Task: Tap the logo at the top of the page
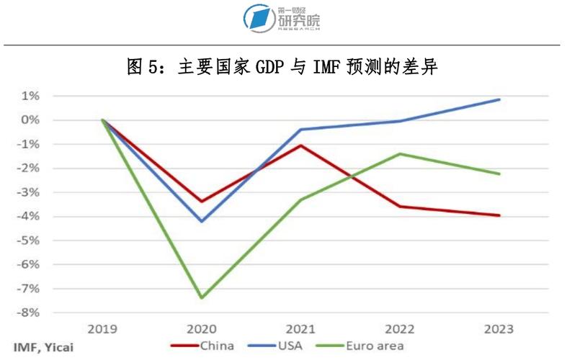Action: point(282,18)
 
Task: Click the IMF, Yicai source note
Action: point(43,346)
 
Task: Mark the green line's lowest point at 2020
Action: point(202,297)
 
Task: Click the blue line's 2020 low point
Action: point(202,221)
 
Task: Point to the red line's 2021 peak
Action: point(301,145)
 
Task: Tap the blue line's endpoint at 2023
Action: point(499,99)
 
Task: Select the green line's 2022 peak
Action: point(400,153)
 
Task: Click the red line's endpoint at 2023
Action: point(499,215)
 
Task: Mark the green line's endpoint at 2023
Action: point(499,174)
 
